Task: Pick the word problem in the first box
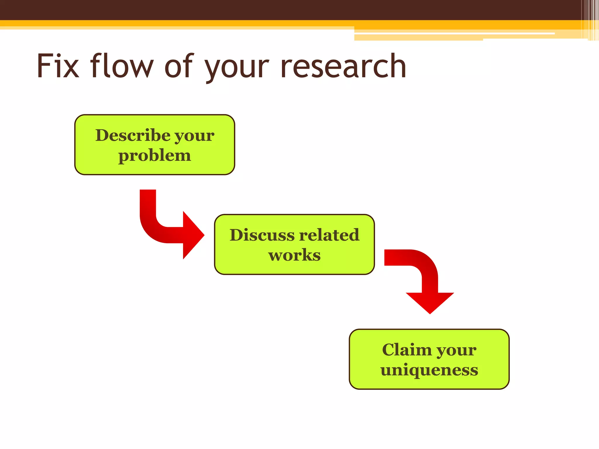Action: pyautogui.click(x=154, y=156)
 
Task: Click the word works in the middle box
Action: pyautogui.click(x=294, y=255)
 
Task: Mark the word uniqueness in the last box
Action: pyautogui.click(x=429, y=370)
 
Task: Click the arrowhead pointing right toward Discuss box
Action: pyautogui.click(x=192, y=235)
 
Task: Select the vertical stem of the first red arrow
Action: pyautogui.click(x=148, y=205)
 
